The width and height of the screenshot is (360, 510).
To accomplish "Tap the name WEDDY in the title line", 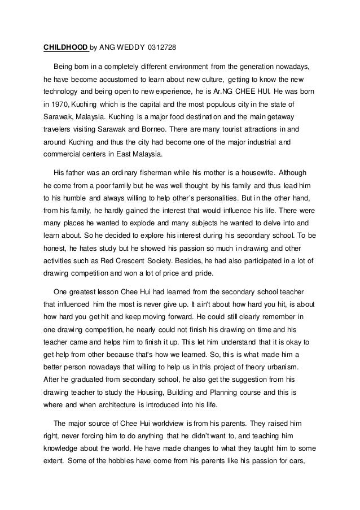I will pos(126,47).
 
